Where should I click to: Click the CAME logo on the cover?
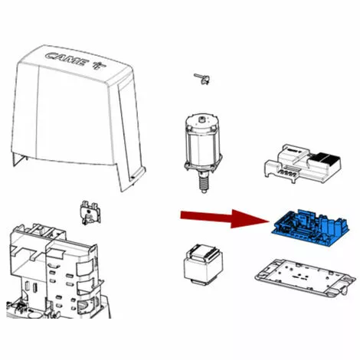point(67,60)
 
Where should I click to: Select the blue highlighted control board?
point(310,227)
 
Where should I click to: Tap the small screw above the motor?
point(202,79)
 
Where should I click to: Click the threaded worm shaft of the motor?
point(203,182)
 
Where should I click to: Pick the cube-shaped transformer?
point(203,265)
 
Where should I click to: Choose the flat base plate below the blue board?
point(306,279)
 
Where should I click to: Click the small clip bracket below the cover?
point(90,213)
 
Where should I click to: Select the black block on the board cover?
point(324,159)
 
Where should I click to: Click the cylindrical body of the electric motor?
point(203,147)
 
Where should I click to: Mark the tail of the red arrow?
point(181,215)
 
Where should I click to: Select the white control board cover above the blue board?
point(303,164)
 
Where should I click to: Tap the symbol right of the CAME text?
point(99,65)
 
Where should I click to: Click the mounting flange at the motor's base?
point(203,166)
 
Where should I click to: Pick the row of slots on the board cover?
point(288,172)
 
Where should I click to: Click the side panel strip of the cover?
point(129,133)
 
